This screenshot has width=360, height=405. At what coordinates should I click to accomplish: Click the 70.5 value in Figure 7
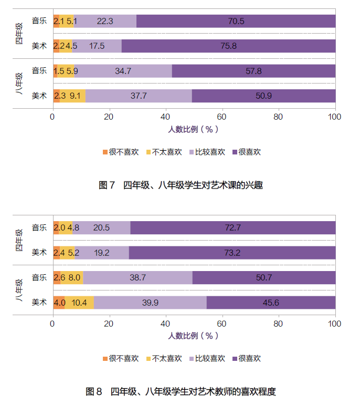[x=236, y=21]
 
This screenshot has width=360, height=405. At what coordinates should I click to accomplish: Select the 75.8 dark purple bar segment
[x=229, y=46]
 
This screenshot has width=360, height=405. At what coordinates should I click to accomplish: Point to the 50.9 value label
[x=263, y=96]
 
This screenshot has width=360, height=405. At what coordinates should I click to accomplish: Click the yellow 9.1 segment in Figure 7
[x=75, y=96]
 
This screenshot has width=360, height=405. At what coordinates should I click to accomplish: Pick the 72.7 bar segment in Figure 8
[x=232, y=227]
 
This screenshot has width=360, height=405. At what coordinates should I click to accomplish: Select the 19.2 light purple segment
[x=101, y=253]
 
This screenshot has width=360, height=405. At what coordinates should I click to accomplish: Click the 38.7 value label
[x=137, y=277]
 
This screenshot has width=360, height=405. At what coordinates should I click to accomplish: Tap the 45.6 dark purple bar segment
[x=271, y=303]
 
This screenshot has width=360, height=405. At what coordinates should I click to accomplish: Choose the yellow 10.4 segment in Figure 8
[x=79, y=303]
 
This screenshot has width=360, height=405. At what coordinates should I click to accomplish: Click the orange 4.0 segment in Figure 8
[x=59, y=303]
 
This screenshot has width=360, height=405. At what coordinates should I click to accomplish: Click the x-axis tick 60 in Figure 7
[x=222, y=117]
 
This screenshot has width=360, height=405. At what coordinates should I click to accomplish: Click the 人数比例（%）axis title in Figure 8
[x=194, y=335]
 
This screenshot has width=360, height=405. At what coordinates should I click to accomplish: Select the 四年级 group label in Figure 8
[x=19, y=240]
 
